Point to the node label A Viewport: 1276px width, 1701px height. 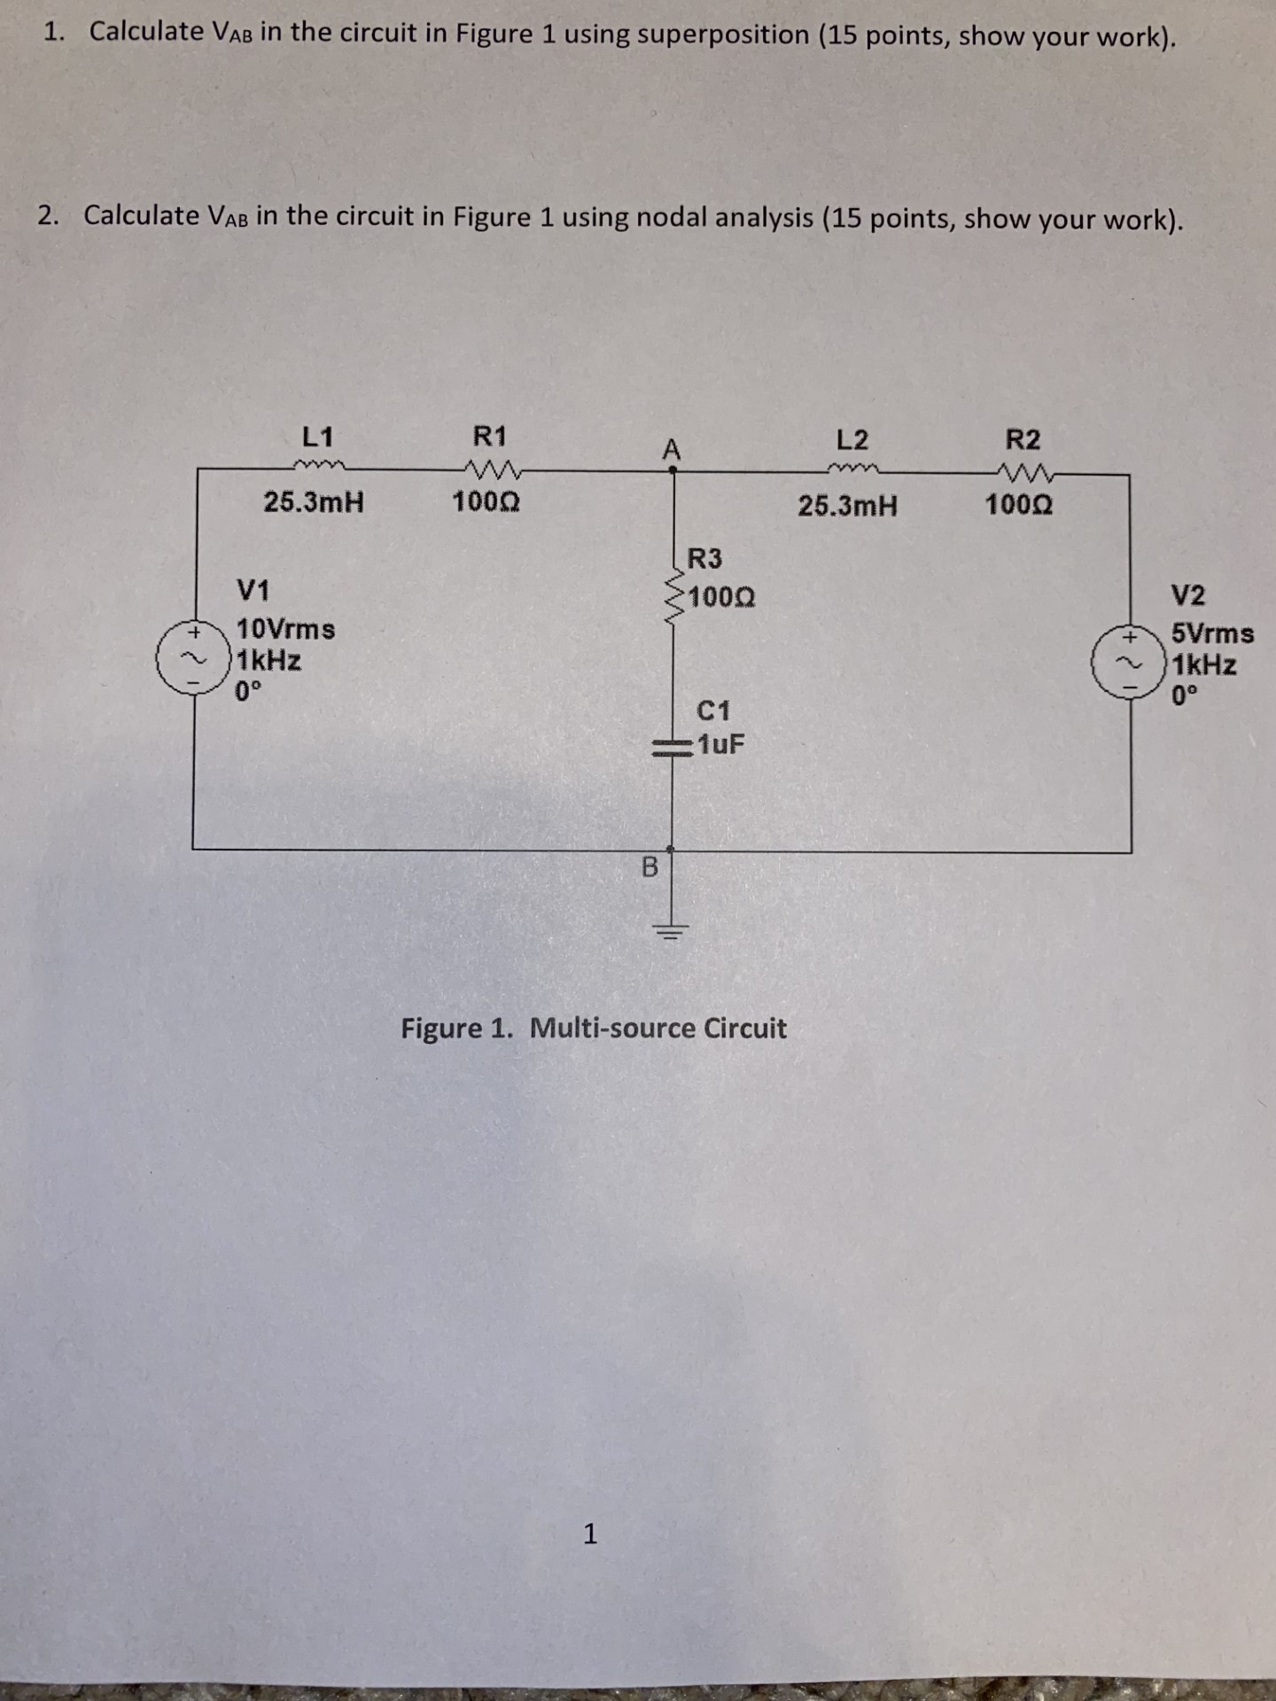click(672, 449)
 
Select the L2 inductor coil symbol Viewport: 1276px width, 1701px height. click(852, 470)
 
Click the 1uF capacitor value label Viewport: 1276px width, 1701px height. click(720, 743)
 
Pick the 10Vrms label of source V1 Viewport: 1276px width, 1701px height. click(285, 630)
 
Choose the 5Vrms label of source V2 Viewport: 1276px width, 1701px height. click(1213, 634)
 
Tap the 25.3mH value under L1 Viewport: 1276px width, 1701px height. click(314, 503)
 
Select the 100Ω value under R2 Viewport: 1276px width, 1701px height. click(1019, 506)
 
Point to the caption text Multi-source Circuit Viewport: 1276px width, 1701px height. click(657, 1029)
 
